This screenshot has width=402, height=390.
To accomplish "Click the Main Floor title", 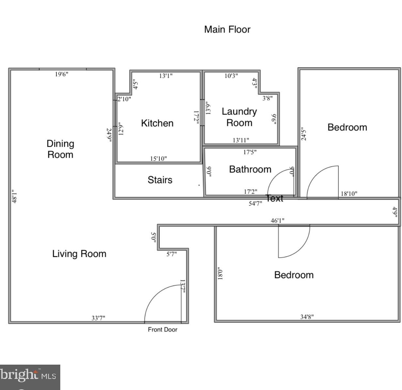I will click(x=227, y=30).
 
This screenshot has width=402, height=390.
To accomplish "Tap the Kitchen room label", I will click(x=157, y=123).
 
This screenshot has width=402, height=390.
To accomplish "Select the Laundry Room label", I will click(x=239, y=117).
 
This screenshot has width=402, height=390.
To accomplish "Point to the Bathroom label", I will click(x=250, y=169).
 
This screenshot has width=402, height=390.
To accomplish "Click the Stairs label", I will click(x=160, y=180).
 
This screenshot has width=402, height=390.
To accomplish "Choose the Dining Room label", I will click(x=60, y=149).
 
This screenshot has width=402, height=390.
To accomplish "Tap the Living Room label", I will click(x=79, y=254).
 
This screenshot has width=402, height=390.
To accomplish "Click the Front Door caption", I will click(x=163, y=329).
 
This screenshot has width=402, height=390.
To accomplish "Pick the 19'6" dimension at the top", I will click(x=62, y=74).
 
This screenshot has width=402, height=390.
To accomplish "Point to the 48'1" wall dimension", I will click(x=14, y=196).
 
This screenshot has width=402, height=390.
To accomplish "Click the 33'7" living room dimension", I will click(x=98, y=318).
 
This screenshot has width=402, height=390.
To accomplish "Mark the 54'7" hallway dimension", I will click(x=255, y=204).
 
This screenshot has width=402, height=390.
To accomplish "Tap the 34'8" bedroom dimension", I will click(x=307, y=316).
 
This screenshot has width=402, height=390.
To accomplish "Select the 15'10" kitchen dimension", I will click(x=158, y=159).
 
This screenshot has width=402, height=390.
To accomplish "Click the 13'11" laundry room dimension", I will click(x=241, y=140).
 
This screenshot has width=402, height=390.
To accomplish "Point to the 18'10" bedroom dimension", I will click(x=349, y=194).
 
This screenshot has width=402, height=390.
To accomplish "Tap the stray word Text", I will click(x=275, y=198).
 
